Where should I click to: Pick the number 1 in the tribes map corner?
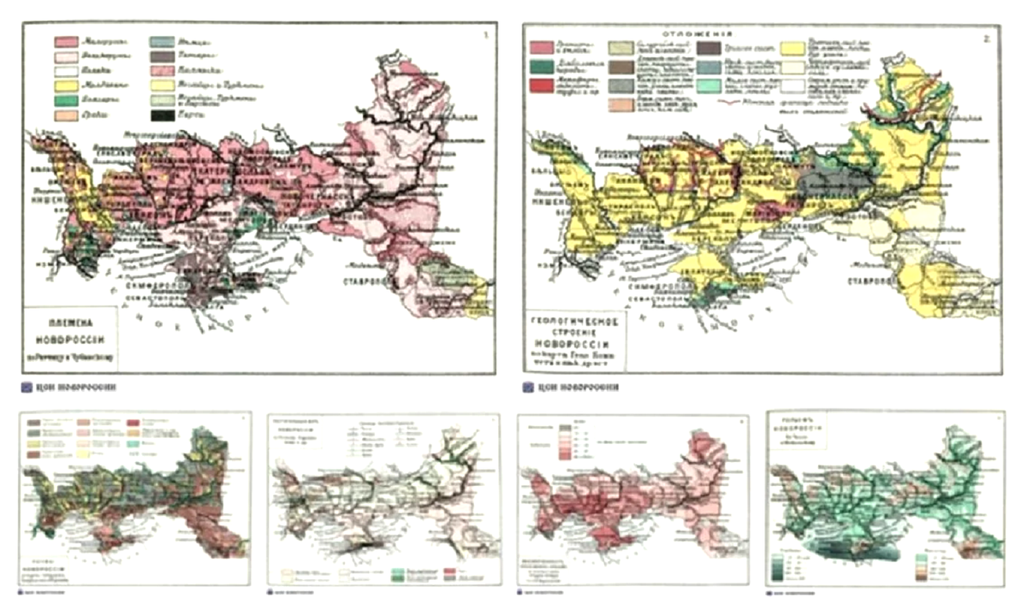pos(486,35)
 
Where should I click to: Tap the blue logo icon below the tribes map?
pos(26,387)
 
